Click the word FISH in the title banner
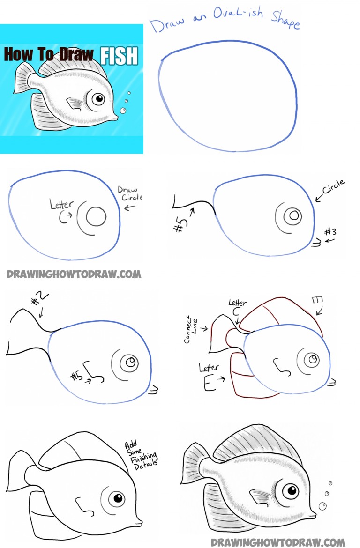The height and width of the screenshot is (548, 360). click(x=119, y=56)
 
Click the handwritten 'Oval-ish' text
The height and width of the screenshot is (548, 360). click(x=238, y=14)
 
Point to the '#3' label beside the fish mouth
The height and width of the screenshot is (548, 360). click(x=330, y=232)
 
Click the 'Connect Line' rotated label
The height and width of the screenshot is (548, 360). click(x=191, y=329)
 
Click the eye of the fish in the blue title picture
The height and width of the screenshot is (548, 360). click(x=98, y=99)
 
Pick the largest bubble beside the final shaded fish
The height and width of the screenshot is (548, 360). click(x=322, y=505)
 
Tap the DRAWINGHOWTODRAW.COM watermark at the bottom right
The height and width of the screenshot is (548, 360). click(x=278, y=542)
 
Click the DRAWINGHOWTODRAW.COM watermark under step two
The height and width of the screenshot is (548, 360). click(x=74, y=274)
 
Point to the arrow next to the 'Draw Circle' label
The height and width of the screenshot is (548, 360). click(x=130, y=208)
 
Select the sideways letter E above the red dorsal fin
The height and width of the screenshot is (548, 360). click(x=317, y=299)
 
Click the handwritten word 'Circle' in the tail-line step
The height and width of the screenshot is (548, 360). click(x=334, y=186)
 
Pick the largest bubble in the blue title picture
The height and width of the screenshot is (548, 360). click(x=123, y=111)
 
